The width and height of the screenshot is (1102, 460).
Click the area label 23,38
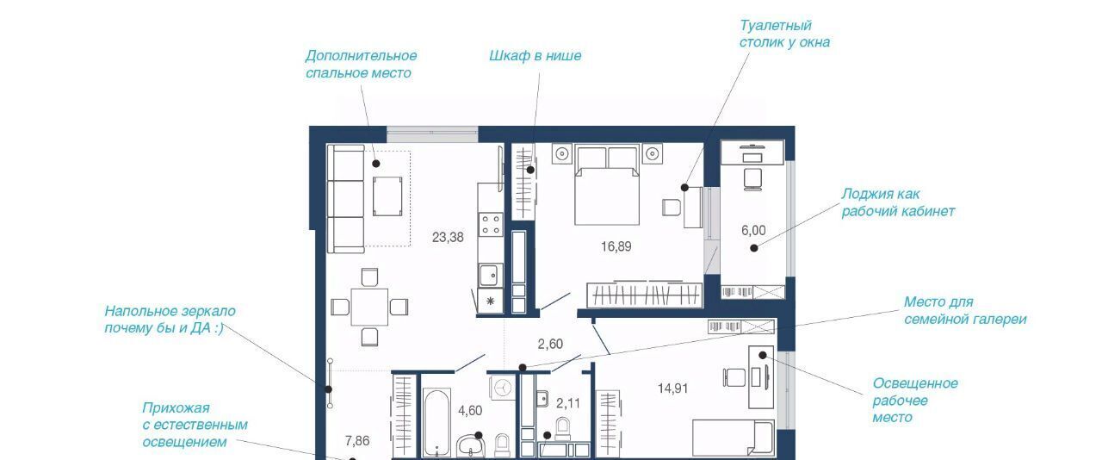tap(448, 238)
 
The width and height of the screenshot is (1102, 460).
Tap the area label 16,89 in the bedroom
tap(616, 246)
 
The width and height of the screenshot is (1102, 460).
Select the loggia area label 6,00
tap(753, 230)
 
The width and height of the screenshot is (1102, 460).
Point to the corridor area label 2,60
tap(550, 344)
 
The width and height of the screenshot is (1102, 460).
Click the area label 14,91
tap(672, 389)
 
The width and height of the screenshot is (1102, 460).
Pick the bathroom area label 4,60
tap(470, 410)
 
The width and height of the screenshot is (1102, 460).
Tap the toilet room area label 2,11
tap(568, 403)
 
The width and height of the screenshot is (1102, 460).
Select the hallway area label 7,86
tap(357, 441)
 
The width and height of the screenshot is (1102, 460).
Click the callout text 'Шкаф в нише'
tap(535, 56)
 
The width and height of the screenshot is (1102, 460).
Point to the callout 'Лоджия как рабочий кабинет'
tap(898, 202)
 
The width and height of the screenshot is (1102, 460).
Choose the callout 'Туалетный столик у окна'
tap(784, 34)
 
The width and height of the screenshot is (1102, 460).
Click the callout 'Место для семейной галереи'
tap(965, 310)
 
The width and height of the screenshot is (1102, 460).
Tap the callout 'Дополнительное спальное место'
tap(361, 64)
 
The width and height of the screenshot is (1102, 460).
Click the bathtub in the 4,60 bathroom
tap(436, 423)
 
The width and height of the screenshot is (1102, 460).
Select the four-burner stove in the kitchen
tap(491, 224)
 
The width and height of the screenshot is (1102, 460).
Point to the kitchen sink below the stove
tap(490, 276)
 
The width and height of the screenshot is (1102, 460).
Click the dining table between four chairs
tap(369, 307)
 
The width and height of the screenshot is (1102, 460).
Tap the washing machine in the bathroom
tap(502, 388)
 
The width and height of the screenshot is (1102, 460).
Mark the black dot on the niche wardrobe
tap(530, 170)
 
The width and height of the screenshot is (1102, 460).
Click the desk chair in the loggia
tap(752, 179)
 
